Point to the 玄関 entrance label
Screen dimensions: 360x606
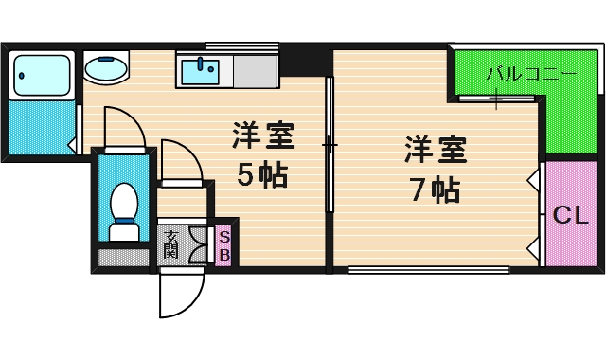170,245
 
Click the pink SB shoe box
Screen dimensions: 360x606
224,245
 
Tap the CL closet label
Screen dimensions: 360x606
570,216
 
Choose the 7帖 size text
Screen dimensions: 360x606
434,189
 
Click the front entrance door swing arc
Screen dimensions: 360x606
180,294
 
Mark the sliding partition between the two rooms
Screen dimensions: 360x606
329,147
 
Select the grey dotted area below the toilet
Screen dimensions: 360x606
123,255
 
